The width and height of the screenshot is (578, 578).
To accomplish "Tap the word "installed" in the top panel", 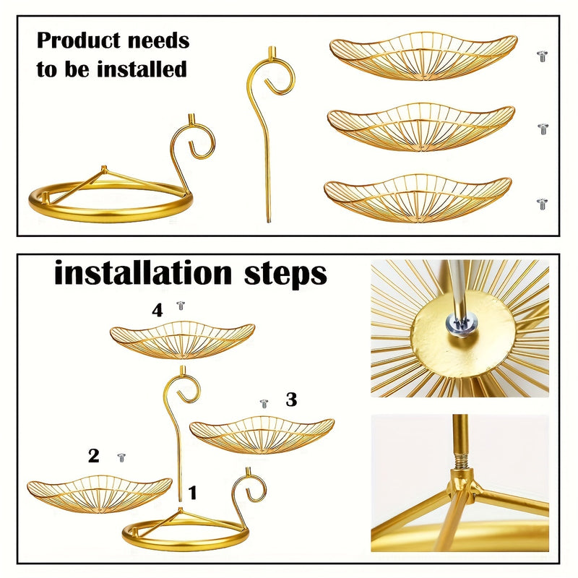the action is [142, 69].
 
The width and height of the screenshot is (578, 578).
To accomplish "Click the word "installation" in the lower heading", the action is [143, 273].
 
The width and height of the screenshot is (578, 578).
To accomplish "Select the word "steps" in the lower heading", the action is [285, 275].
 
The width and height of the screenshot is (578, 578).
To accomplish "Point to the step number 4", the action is [158, 311].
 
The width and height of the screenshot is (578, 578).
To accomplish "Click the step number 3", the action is [291, 400].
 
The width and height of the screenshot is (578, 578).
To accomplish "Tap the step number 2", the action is [94, 456].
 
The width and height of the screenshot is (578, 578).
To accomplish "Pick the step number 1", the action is [192, 493].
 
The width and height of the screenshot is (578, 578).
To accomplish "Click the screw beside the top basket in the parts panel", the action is [542, 56].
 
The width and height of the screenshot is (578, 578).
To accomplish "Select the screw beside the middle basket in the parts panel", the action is [543, 129].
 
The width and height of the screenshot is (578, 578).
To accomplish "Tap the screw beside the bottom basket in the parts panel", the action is [542, 204].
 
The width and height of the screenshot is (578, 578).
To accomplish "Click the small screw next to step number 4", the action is [181, 306].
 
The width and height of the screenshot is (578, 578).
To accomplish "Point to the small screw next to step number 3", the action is [264, 404].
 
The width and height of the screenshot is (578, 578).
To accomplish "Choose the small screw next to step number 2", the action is [121, 457].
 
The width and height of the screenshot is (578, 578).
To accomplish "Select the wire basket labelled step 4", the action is [182, 340].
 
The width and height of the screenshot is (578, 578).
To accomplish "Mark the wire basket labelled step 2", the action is [100, 494].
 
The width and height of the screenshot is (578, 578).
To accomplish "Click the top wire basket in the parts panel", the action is [423, 56].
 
